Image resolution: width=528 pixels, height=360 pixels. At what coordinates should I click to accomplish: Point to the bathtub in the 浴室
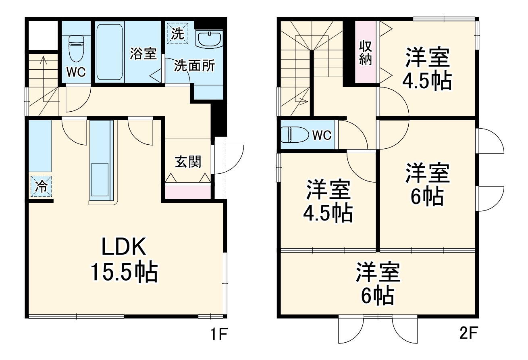click(109, 52)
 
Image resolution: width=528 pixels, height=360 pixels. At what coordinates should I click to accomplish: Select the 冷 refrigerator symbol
click(41, 186)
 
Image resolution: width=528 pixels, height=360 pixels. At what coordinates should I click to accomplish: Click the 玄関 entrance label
click(188, 162)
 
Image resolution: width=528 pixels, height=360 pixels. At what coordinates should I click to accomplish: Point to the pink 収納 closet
click(366, 52)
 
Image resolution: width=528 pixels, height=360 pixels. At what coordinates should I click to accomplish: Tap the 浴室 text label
click(143, 54)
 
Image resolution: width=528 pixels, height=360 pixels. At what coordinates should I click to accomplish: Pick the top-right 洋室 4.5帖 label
click(427, 69)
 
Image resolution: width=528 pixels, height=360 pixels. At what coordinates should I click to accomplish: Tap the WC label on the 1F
click(76, 72)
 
